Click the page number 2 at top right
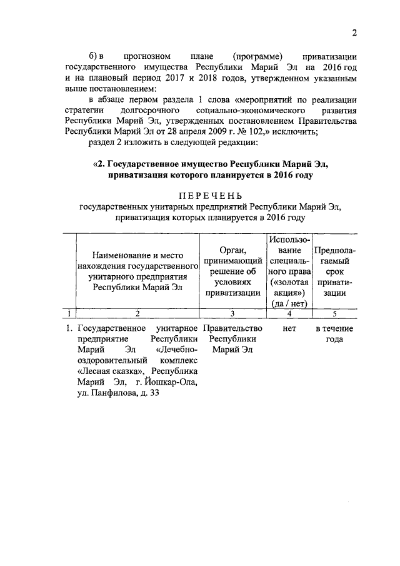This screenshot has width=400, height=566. point(354,33)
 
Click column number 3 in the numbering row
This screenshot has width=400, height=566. point(232,313)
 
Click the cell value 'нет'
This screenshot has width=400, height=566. point(289,328)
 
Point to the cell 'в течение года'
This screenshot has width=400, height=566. point(334,333)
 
